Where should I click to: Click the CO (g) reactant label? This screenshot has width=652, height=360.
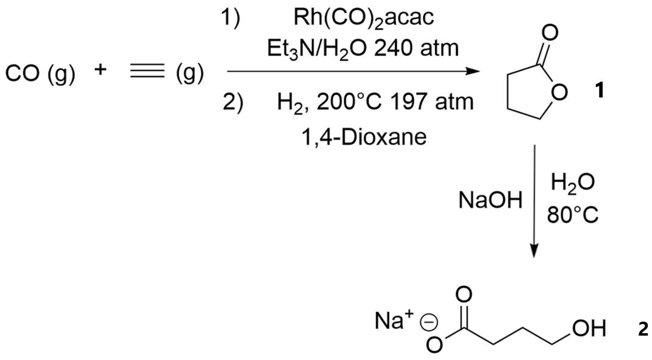pos(40,74)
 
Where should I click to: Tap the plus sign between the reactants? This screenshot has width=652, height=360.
pos(101,69)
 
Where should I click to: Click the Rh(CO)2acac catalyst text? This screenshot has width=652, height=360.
pos(364,18)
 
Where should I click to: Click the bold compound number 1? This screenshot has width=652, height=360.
pos(600,91)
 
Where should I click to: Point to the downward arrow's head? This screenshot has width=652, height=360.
pos(534,251)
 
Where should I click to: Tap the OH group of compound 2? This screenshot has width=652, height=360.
pos(589,330)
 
